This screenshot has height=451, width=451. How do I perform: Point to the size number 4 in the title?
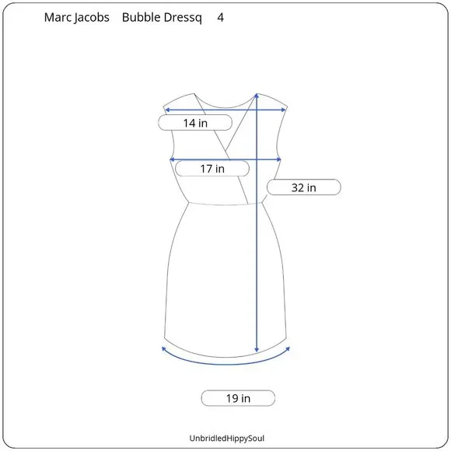[x=221, y=16]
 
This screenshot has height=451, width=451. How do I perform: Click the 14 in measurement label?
[x=195, y=122]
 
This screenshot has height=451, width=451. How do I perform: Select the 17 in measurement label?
[x=212, y=168]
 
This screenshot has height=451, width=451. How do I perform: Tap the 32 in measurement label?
[x=303, y=187]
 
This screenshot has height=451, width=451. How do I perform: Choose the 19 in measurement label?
[x=238, y=398]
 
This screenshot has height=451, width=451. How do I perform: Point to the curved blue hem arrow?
[x=226, y=359]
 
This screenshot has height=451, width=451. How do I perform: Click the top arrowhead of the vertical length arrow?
[x=257, y=96]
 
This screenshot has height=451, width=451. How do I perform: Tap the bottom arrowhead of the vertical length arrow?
[x=257, y=351]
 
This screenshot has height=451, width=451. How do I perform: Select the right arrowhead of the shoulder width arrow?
[x=285, y=110]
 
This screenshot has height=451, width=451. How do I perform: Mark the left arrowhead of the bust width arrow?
[x=172, y=160]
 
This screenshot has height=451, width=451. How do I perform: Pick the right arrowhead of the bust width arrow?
[x=280, y=160]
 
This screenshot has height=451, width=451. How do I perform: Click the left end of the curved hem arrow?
[x=163, y=348]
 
